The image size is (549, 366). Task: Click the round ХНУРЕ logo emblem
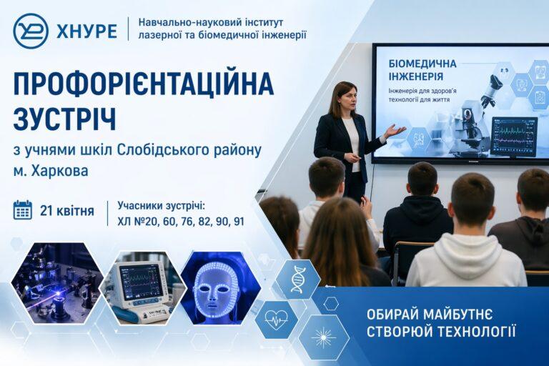[31, 31]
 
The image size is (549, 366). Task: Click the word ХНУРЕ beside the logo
[86, 31]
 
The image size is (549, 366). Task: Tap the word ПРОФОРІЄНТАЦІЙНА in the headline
[143, 84]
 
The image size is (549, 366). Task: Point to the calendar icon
[23, 210]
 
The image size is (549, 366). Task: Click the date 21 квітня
[67, 211]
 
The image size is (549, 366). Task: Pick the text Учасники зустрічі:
[162, 206]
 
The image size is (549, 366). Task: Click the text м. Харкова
[51, 172]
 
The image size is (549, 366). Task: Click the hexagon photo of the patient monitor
[144, 287]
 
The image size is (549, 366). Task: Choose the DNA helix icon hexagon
[298, 279]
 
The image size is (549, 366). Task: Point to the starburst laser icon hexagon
[323, 337]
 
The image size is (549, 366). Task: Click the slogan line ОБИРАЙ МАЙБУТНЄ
[430, 315]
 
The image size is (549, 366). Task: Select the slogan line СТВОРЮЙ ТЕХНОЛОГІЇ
[441, 331]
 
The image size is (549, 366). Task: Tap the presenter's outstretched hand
[396, 131]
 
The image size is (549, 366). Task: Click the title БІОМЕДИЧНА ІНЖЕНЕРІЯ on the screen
[422, 70]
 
